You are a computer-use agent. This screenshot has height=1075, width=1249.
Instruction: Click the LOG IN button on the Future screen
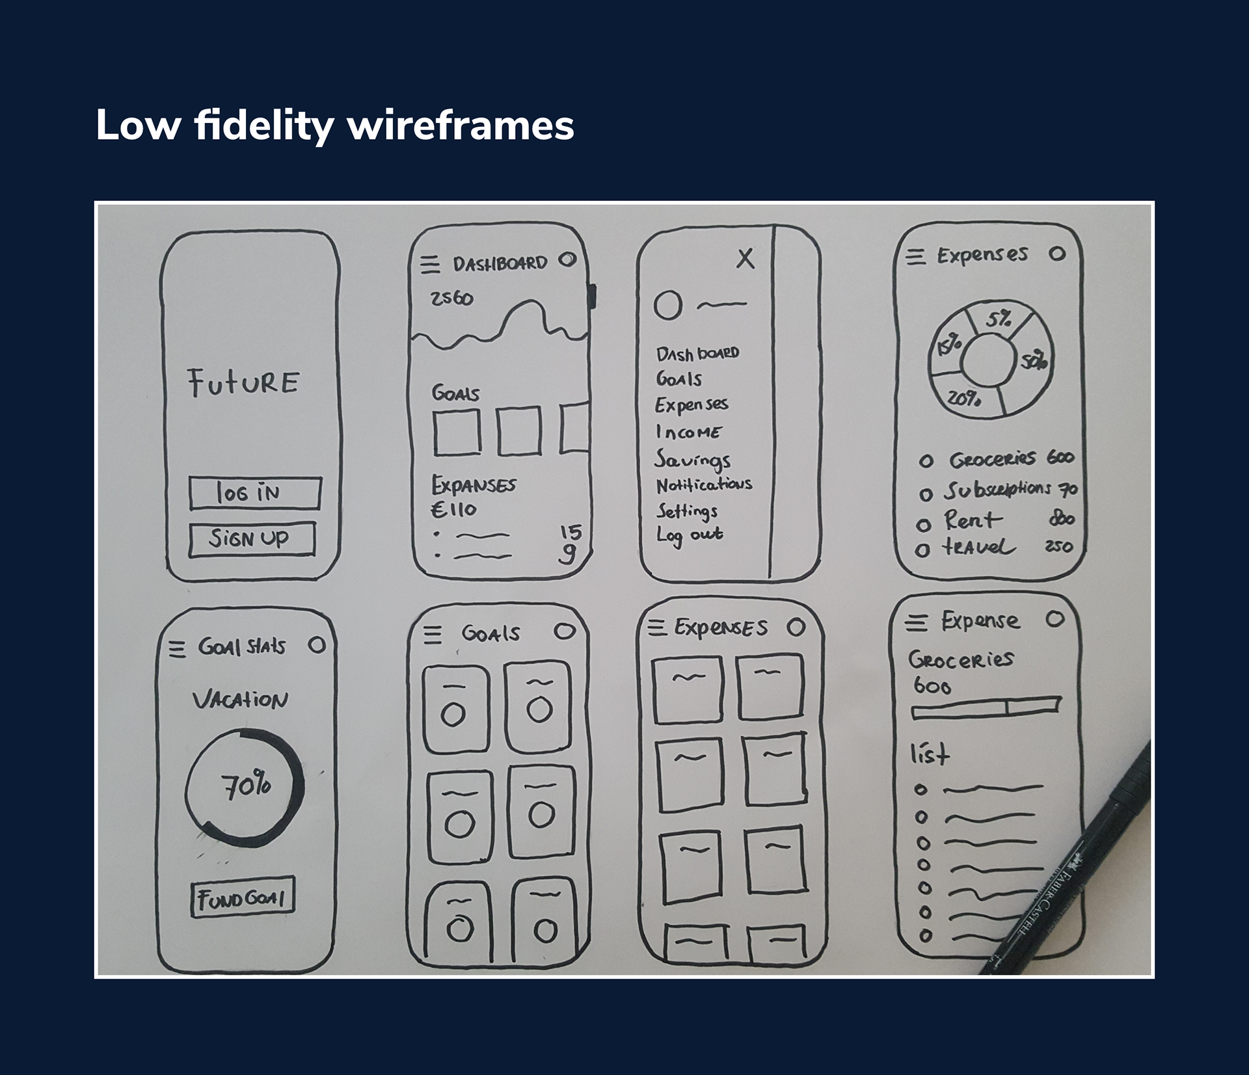[254, 493]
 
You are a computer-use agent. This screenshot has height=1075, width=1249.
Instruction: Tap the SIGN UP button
[252, 539]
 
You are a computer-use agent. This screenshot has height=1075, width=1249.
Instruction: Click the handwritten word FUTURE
[243, 382]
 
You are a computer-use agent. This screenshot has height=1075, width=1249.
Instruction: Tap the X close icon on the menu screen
[745, 259]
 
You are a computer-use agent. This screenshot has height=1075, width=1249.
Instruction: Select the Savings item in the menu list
[692, 460]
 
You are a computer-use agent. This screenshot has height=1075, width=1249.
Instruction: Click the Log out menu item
[690, 535]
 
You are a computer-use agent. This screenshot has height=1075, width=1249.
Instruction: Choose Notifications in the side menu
[704, 485]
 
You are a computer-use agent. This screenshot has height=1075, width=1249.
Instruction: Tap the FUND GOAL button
[243, 898]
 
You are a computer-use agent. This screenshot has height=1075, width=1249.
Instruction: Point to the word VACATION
[240, 700]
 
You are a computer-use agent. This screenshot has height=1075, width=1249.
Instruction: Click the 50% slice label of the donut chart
[1032, 360]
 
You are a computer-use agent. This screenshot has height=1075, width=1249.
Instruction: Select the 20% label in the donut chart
[963, 398]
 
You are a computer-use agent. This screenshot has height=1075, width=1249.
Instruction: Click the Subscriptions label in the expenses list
[997, 489]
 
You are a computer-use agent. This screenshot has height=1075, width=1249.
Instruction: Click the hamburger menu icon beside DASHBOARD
[430, 265]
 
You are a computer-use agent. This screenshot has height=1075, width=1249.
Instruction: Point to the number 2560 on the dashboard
[451, 299]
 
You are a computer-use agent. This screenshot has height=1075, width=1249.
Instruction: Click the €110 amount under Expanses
[453, 509]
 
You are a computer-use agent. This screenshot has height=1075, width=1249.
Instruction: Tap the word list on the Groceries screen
[930, 754]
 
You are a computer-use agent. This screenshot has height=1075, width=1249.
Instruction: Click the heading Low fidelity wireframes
[334, 125]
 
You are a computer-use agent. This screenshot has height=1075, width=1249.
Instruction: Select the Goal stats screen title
[241, 646]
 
